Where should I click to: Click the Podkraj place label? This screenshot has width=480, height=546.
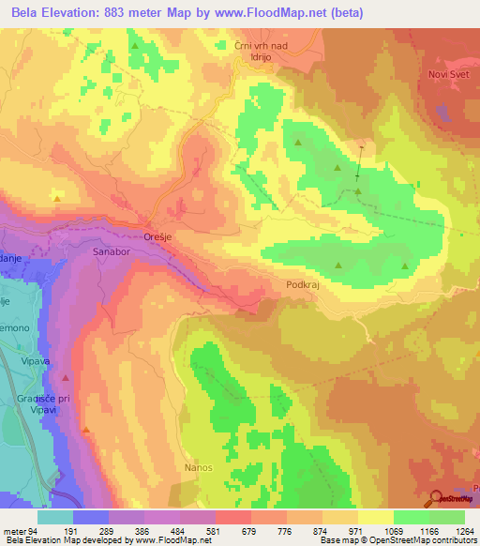(302, 282)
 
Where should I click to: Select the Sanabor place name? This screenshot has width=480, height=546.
(112, 252)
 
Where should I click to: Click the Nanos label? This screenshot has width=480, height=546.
(199, 467)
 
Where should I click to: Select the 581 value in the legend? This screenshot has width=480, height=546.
(198, 530)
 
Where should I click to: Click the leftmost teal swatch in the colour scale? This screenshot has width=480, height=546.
(55, 516)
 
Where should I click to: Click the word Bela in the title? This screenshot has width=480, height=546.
(21, 12)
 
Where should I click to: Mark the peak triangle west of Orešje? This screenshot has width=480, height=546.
(58, 199)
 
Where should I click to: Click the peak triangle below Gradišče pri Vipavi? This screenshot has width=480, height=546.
(85, 431)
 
